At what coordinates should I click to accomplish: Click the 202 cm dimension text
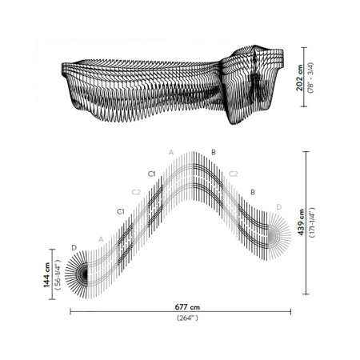(x=299, y=78)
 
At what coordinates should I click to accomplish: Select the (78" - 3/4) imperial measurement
(x=310, y=78)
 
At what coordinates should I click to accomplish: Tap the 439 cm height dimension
(x=301, y=222)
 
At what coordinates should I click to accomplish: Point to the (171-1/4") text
(x=312, y=222)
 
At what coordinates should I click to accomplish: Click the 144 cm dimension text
(x=46, y=274)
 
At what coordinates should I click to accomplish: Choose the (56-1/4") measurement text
(x=58, y=274)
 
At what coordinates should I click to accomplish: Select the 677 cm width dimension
(x=187, y=307)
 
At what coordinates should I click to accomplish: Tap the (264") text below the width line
(x=187, y=318)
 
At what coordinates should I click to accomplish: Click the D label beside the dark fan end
(x=74, y=248)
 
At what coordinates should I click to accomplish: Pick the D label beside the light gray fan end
(x=279, y=207)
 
